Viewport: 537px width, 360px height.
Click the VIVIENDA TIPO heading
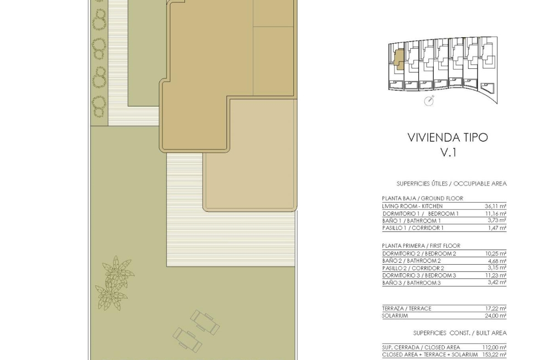[x=447, y=137]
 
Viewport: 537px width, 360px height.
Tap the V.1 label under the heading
[x=448, y=152]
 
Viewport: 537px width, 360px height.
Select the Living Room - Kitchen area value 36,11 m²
[x=496, y=206]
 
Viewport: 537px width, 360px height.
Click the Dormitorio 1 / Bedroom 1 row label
[x=420, y=214]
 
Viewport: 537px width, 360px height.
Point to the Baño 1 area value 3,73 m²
[x=497, y=221]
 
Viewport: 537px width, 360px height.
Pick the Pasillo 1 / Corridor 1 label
[x=413, y=228]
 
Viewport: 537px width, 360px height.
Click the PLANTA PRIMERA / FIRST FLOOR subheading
[x=421, y=246]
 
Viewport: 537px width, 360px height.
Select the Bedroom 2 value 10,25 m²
[x=496, y=254]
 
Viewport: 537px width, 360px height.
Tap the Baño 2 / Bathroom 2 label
[x=411, y=261]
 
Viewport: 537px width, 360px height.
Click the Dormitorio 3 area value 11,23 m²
[x=496, y=275]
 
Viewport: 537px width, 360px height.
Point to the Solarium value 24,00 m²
[x=496, y=316]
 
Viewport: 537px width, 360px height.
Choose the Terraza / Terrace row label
[x=407, y=308]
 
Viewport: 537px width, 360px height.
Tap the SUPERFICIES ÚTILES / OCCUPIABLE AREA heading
[x=451, y=184]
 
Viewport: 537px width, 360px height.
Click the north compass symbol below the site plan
[x=429, y=100]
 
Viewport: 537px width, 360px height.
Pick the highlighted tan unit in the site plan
[x=398, y=60]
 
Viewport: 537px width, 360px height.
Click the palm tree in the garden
[x=114, y=283]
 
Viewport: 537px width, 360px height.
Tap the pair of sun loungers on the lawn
[x=196, y=330]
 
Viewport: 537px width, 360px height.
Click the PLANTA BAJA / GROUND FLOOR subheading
[x=422, y=199]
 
